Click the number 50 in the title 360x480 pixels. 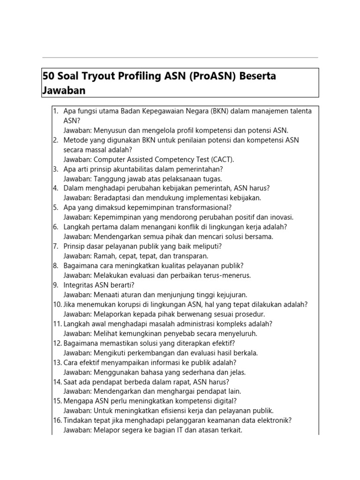coord(47,76)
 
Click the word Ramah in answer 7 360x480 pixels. coord(104,256)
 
